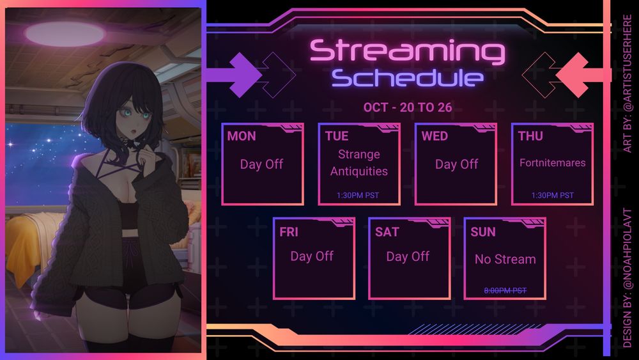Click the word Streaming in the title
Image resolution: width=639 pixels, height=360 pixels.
pos(408,51)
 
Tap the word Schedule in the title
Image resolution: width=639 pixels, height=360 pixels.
pos(408,78)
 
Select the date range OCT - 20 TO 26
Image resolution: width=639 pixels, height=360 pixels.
pos(408,107)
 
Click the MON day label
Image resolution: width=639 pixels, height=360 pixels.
pos(242,136)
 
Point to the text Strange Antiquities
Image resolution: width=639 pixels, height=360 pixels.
pos(359,162)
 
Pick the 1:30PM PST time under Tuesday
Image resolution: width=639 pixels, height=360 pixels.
pos(358,195)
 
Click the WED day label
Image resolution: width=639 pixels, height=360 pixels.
pos(435,136)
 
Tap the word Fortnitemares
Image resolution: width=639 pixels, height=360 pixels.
pos(552,162)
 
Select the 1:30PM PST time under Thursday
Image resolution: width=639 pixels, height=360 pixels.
pos(552,195)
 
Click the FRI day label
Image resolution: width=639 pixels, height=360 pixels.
pos(289,232)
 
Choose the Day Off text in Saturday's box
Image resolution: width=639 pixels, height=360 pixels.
pos(408,256)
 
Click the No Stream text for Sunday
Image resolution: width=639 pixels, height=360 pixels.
pos(505,259)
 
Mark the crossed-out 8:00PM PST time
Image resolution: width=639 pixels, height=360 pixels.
pos(505,291)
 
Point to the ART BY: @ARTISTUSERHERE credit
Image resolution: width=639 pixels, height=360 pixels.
pos(627,84)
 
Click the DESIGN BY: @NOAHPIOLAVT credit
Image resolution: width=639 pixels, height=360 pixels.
pos(627,278)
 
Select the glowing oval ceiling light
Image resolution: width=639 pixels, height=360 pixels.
pos(65,33)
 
